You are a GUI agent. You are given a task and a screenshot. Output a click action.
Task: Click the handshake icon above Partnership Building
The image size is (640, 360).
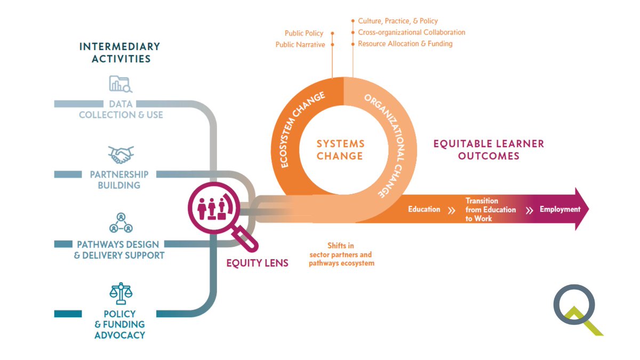[121, 155]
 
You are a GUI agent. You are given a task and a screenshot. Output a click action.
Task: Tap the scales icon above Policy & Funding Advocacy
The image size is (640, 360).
[121, 293]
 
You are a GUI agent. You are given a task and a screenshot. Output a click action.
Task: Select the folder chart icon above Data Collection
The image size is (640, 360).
[121, 84]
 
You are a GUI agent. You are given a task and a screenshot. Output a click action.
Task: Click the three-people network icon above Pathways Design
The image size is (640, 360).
[121, 222]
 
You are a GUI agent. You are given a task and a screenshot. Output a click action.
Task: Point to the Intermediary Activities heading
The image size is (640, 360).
[119, 52]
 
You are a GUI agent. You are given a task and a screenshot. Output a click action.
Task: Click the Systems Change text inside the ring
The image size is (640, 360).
[340, 150]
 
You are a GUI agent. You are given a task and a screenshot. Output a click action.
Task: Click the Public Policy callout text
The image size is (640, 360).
[304, 33]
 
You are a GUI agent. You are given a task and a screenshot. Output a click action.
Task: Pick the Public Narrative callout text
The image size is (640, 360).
[300, 45]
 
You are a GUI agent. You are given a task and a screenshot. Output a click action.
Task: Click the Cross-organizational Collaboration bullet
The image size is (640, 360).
[411, 33]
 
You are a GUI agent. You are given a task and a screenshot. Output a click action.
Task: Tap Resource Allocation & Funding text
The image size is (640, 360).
[405, 44]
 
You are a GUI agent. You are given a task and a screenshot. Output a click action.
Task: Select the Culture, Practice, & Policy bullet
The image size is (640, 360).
[397, 21]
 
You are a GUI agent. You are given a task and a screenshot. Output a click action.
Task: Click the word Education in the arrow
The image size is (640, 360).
[424, 209]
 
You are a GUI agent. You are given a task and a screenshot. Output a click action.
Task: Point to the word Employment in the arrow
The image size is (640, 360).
[559, 209]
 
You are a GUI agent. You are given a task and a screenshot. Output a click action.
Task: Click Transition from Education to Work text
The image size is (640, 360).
[490, 210]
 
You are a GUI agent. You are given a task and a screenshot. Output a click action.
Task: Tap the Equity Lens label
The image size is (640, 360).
[257, 262]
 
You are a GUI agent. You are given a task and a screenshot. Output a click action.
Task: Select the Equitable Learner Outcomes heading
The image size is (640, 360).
[488, 150]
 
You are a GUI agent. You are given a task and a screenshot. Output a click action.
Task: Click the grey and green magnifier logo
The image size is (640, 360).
[576, 310]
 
